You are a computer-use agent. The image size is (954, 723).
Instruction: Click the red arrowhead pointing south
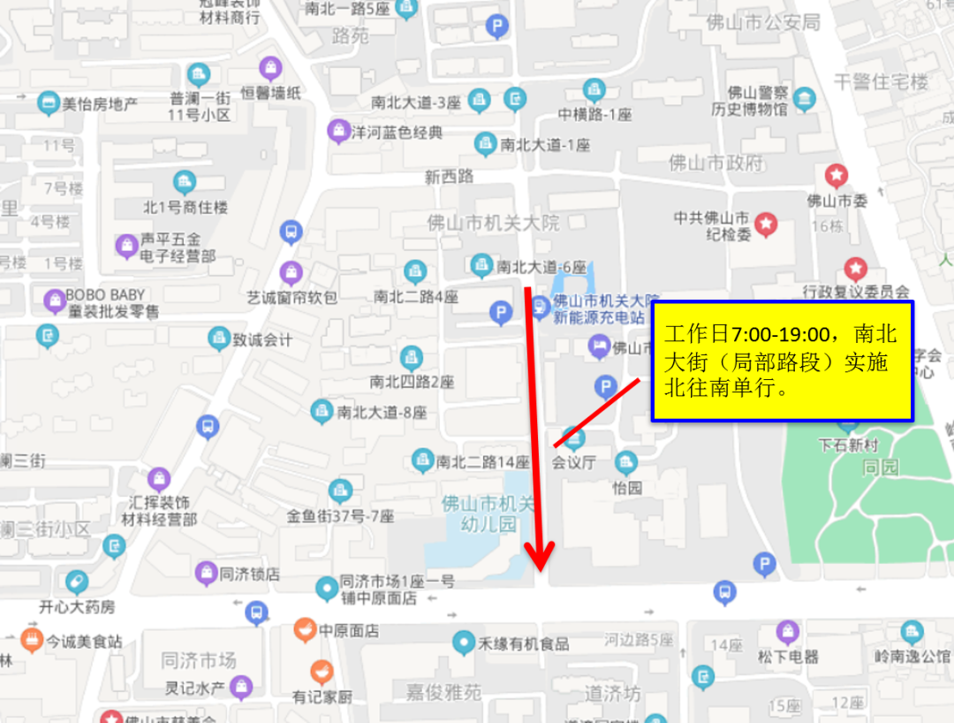(x=539, y=553)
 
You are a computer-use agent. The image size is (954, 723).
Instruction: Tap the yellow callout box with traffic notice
(x=782, y=361)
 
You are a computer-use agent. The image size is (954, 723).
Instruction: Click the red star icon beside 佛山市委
(x=836, y=174)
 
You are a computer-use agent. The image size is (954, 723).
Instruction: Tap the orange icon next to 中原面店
(x=305, y=629)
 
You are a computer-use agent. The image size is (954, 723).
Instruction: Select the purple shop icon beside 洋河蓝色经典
(x=337, y=132)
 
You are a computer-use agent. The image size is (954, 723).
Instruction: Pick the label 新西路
(x=449, y=177)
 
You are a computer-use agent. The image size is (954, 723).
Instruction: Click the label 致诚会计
(x=262, y=339)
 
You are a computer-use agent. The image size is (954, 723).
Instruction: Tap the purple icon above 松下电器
(x=787, y=631)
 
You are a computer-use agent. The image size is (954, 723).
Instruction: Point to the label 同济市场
(x=199, y=660)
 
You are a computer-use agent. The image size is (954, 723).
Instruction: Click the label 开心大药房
(x=77, y=607)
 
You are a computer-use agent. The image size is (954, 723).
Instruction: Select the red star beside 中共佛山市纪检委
(x=766, y=225)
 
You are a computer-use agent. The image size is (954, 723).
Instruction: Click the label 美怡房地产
(x=100, y=103)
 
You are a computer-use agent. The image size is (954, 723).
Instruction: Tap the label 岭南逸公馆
(x=912, y=656)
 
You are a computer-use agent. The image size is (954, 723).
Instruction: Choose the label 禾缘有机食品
(x=523, y=643)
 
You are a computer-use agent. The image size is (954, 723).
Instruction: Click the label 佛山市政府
(x=715, y=163)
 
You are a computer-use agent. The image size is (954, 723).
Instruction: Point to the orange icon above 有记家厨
(x=322, y=672)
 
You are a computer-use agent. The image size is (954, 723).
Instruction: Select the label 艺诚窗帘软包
(x=291, y=298)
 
